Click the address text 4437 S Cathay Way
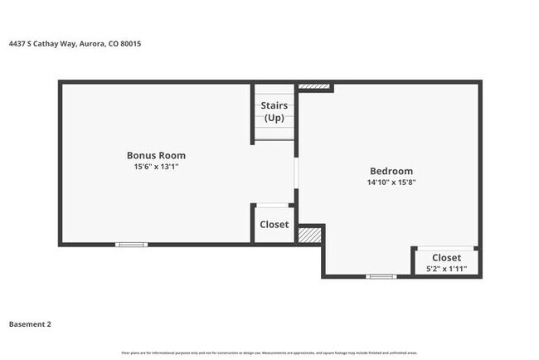(x=41, y=43)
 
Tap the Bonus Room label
(x=156, y=155)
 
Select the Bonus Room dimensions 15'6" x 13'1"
(x=156, y=167)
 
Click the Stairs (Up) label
(x=274, y=111)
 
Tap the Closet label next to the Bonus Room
(x=274, y=225)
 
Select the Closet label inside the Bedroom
(x=446, y=258)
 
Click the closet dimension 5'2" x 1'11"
(x=446, y=269)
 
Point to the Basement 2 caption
(x=30, y=324)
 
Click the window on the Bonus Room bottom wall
(x=131, y=244)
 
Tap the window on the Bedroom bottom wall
(x=381, y=276)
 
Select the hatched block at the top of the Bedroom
(x=314, y=86)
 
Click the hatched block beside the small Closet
(x=308, y=235)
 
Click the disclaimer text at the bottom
(x=269, y=353)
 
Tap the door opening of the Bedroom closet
(x=446, y=248)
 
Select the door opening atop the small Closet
(x=272, y=205)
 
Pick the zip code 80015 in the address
(x=130, y=43)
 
